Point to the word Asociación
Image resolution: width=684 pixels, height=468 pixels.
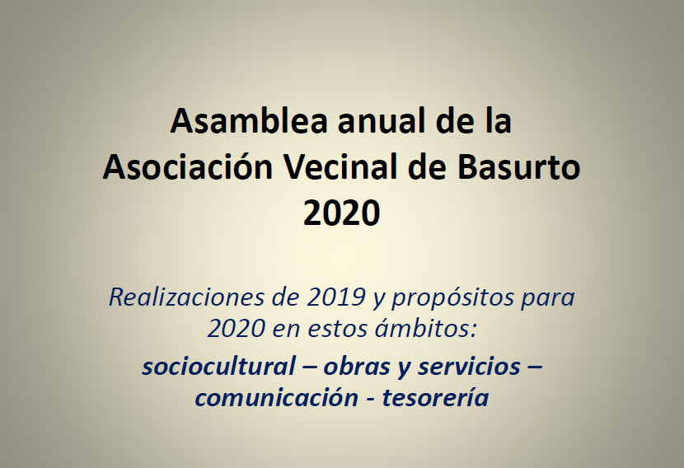click(x=185, y=167)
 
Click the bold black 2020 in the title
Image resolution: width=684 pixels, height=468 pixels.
click(x=341, y=213)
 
